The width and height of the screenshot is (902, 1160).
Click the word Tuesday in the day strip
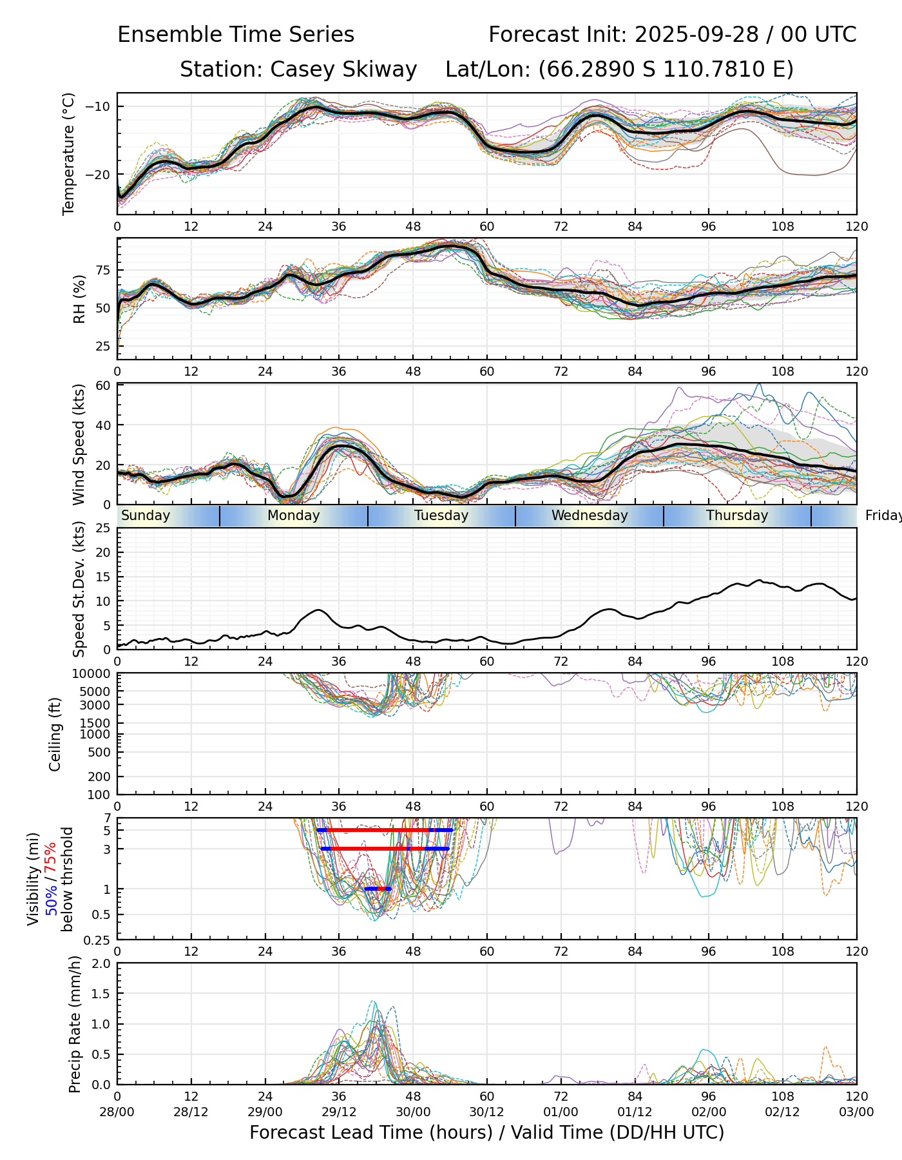click(x=441, y=516)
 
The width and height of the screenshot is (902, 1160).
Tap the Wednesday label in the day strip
click(x=590, y=516)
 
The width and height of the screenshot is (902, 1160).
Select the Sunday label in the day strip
click(x=146, y=516)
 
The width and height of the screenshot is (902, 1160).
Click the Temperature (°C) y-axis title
click(x=69, y=153)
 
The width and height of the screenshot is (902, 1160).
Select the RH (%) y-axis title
click(x=79, y=299)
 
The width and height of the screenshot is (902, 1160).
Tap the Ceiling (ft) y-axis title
click(x=55, y=734)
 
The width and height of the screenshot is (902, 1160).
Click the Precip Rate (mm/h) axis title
click(x=75, y=1024)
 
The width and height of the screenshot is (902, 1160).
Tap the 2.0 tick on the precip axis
click(x=102, y=963)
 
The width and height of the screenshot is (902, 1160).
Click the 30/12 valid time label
click(x=487, y=1112)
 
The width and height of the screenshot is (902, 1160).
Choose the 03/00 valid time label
click(x=856, y=1112)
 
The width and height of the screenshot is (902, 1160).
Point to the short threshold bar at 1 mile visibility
click(x=378, y=889)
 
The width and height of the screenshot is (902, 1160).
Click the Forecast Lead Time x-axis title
click(x=486, y=1132)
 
